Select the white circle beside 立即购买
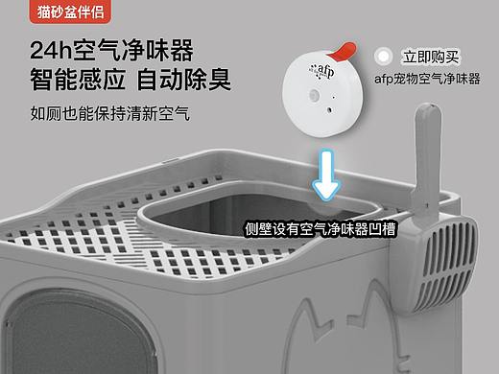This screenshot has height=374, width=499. (386, 58)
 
